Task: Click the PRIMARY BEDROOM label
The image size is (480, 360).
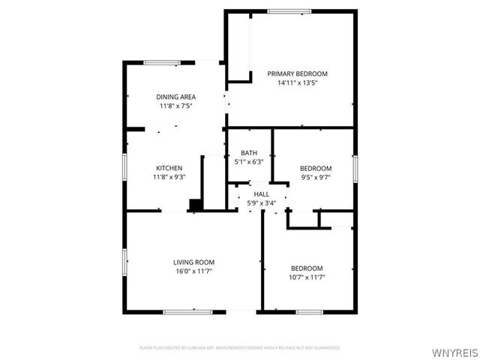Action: (298, 73)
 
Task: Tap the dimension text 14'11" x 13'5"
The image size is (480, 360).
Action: (298, 83)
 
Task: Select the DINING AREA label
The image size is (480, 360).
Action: (176, 97)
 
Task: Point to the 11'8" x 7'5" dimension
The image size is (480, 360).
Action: (176, 106)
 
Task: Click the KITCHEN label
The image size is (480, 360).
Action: (169, 167)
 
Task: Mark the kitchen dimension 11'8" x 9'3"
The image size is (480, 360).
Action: (169, 177)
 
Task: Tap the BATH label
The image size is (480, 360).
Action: (249, 152)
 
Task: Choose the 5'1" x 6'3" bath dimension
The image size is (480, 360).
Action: (249, 161)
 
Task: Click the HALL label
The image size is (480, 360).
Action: (261, 194)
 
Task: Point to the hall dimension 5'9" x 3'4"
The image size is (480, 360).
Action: (261, 202)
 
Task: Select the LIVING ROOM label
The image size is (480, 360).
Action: (194, 262)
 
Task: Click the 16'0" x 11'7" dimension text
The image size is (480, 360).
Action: (194, 271)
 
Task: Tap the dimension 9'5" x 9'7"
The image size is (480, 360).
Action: (316, 177)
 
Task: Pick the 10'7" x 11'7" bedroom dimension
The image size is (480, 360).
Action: (307, 277)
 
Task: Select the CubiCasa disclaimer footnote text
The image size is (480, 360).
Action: (240, 348)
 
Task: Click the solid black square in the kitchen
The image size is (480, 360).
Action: (196, 205)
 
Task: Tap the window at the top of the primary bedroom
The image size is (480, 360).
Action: (289, 10)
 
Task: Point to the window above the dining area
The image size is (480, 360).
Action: (161, 62)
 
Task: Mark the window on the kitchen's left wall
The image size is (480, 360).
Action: (124, 165)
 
